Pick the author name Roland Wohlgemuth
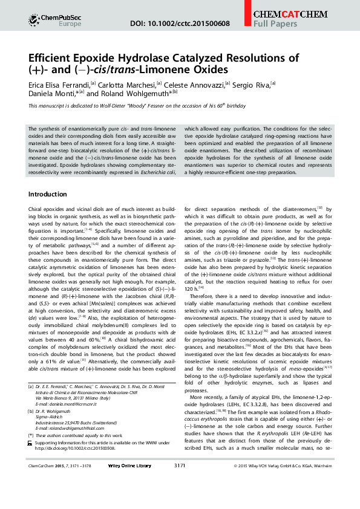(137, 94)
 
